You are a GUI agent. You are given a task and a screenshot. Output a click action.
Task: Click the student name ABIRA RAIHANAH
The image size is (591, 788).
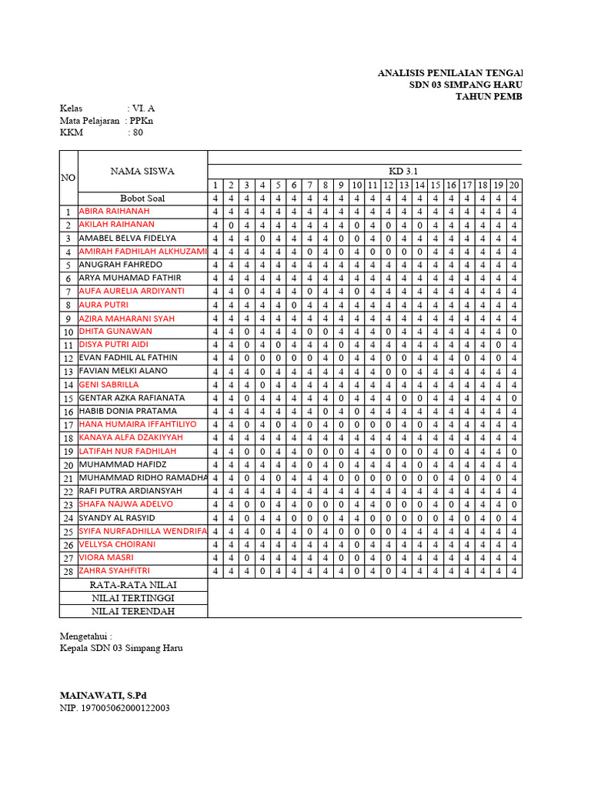click(114, 212)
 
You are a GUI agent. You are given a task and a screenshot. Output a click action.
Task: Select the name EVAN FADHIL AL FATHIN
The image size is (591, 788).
click(128, 358)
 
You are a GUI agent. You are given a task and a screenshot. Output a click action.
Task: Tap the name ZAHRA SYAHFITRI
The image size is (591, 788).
click(114, 571)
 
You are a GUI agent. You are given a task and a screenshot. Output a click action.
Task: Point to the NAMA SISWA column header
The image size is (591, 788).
click(142, 172)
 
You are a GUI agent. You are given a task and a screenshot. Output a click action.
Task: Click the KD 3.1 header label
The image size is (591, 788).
click(403, 172)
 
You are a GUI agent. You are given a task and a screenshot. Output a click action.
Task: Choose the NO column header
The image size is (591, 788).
click(68, 178)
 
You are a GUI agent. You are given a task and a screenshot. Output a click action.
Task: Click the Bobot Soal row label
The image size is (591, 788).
click(142, 199)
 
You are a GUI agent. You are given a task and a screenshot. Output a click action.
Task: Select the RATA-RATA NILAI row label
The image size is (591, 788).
click(133, 585)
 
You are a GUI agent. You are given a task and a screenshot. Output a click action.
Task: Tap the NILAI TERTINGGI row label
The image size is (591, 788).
click(133, 598)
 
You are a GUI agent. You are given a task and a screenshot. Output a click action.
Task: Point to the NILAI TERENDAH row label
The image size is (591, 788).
click(133, 611)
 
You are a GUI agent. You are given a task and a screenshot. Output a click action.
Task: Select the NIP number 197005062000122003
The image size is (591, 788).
click(115, 708)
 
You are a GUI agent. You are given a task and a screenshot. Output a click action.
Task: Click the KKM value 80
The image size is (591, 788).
click(138, 132)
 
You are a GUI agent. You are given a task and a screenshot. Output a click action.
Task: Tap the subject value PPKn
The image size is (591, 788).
click(142, 121)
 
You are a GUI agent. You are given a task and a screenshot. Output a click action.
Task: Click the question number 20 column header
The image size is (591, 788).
click(514, 185)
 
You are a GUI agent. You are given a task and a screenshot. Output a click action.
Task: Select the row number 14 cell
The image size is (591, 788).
click(68, 385)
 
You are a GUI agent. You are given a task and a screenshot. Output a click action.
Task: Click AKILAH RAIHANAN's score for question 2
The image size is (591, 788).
click(230, 225)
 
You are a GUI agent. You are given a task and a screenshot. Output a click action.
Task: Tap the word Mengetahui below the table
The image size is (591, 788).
click(85, 636)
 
